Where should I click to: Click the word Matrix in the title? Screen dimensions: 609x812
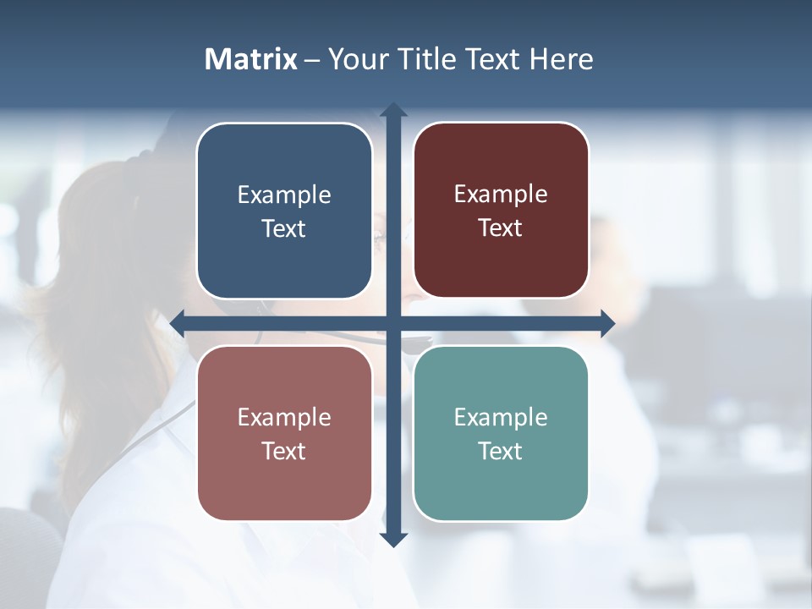pyautogui.click(x=251, y=59)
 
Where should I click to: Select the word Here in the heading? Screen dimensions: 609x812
pyautogui.click(x=562, y=59)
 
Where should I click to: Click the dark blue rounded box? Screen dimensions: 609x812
pyautogui.click(x=284, y=211)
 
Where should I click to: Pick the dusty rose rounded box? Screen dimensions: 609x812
pyautogui.click(x=284, y=433)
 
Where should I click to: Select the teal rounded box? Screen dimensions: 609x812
pyautogui.click(x=501, y=433)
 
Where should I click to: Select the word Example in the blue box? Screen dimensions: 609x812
pyautogui.click(x=284, y=195)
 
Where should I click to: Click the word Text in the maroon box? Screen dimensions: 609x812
pyautogui.click(x=501, y=228)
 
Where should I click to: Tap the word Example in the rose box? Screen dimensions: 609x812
pyautogui.click(x=284, y=417)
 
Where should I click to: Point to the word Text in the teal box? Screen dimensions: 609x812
pyautogui.click(x=501, y=451)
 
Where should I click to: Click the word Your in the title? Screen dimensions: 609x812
pyautogui.click(x=359, y=59)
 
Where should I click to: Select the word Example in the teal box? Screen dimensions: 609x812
pyautogui.click(x=501, y=417)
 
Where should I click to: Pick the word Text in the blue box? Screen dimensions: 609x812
pyautogui.click(x=284, y=228)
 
